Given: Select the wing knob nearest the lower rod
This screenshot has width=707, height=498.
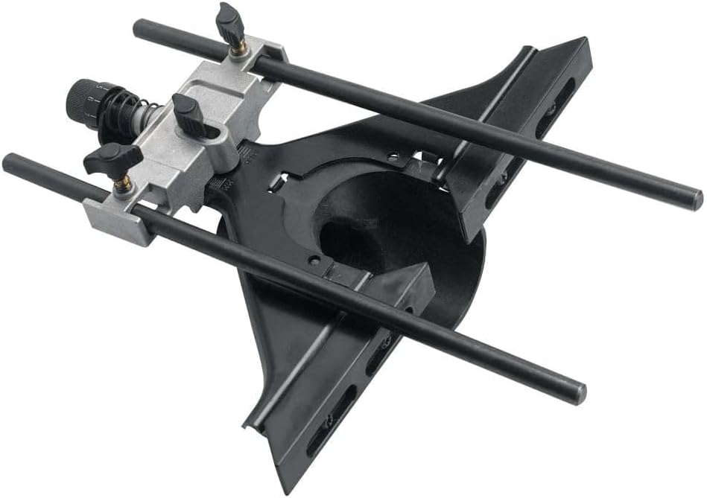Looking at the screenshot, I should tap(112, 158).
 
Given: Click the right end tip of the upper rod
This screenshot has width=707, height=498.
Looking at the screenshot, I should tap(694, 199).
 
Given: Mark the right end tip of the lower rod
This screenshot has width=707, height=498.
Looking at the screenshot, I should tap(578, 394).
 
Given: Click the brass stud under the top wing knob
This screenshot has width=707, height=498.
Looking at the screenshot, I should tap(238, 48).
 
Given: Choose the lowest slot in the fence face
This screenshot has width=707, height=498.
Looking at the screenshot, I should tap(326, 435).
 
